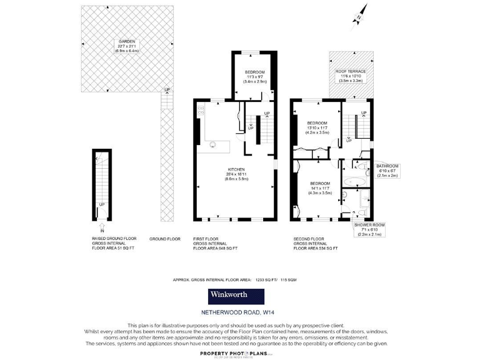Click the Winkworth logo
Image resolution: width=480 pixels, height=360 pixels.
click(232, 296)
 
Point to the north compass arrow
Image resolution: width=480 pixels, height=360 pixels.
click(360, 13)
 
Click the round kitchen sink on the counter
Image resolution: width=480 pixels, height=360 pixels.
click(214, 146)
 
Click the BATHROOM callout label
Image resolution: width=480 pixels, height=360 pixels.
click(387, 166)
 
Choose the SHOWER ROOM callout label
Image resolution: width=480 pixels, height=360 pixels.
click(369, 224)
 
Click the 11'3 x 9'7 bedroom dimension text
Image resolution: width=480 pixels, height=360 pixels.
click(255, 77)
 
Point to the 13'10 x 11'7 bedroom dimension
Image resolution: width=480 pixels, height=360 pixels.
click(317, 127)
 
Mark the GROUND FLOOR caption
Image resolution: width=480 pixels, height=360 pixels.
click(164, 239)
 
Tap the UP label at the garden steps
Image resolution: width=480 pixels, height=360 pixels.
click(166, 90)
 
